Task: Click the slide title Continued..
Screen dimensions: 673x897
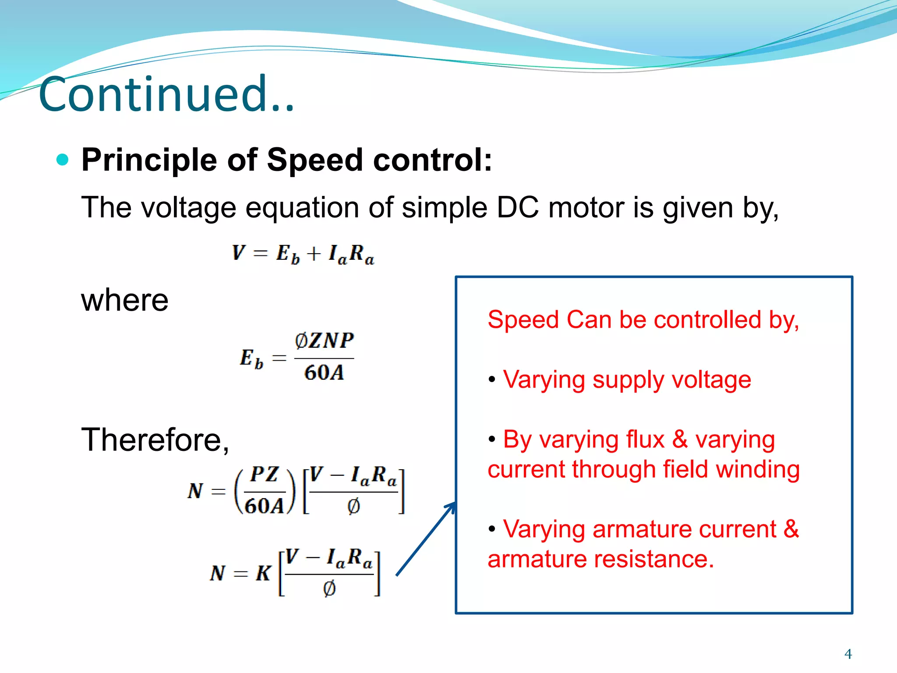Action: coord(166,94)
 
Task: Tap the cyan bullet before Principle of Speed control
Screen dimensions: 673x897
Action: coord(63,159)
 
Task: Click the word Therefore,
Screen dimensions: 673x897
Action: coord(155,440)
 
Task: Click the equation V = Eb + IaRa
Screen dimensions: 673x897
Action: coord(303,254)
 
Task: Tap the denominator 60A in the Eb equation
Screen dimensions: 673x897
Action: coord(324,373)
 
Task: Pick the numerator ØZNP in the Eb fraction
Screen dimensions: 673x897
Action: coord(324,340)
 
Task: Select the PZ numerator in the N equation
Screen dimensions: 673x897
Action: coord(265,475)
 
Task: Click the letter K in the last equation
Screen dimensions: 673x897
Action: coord(263,573)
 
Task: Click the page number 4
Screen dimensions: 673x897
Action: coord(848,654)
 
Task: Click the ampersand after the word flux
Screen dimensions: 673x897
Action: coord(680,439)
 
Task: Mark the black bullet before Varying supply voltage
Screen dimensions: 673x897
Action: coord(492,379)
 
